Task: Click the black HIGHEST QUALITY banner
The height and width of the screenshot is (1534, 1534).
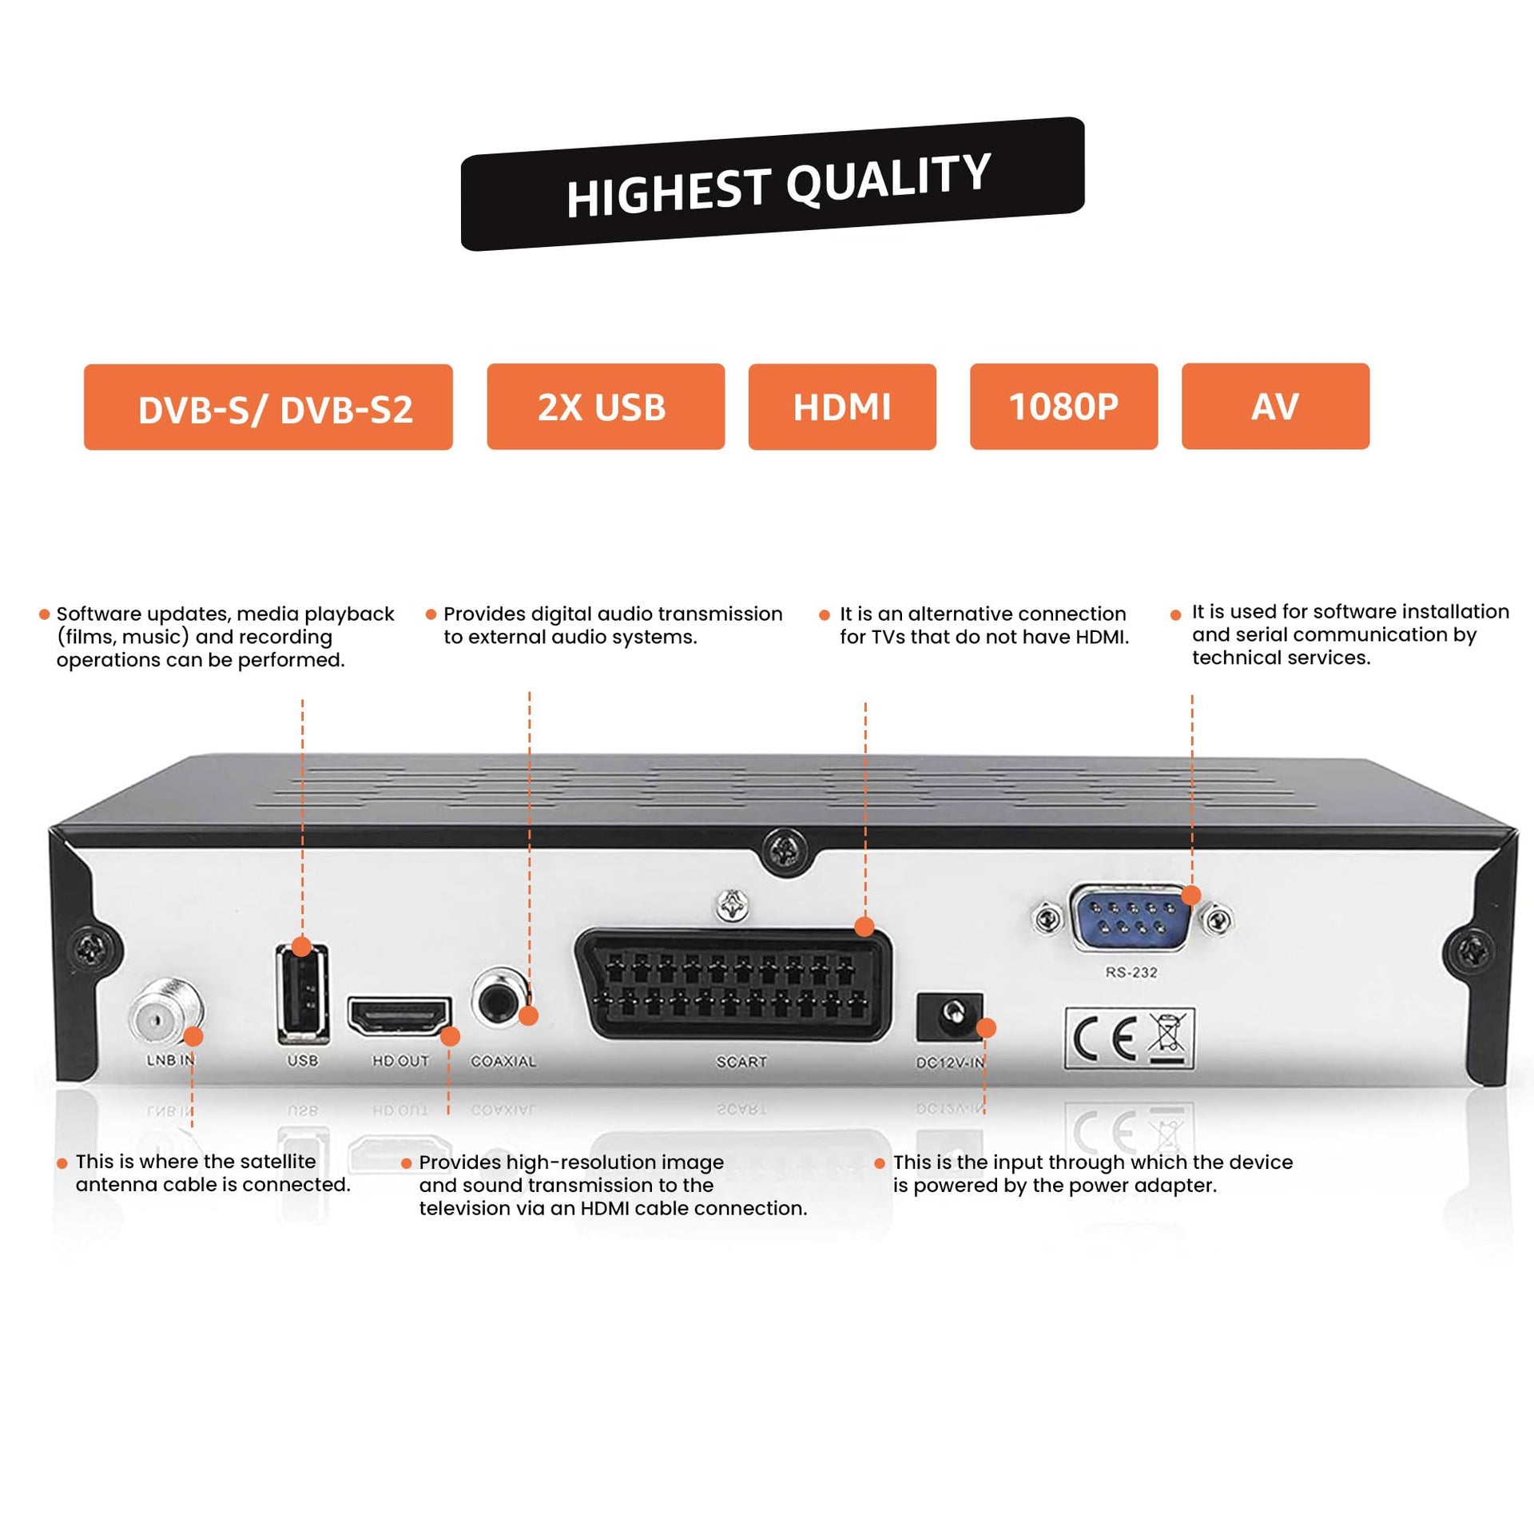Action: coord(773,185)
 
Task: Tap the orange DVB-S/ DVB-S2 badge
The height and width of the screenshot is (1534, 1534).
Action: coord(268,407)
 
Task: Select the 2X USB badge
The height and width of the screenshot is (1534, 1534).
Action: coord(606,407)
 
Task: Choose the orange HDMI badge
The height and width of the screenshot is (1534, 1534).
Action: coord(842,407)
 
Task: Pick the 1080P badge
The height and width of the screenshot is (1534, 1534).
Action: coord(1063,407)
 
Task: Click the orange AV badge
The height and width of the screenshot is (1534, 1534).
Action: coord(1275,406)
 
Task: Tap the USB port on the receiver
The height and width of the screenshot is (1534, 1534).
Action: coord(303,995)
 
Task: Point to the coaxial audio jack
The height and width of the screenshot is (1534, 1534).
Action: coord(501,999)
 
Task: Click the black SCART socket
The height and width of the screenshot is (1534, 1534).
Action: coord(732,984)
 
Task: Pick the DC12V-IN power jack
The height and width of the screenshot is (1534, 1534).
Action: coord(950,1016)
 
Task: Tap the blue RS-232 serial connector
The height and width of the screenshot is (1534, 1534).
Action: coord(1131,919)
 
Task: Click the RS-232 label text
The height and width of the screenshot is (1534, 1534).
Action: coord(1131,973)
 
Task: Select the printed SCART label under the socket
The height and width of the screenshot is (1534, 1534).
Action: coord(741,1062)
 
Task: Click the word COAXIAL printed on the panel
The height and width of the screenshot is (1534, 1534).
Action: coord(503,1061)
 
